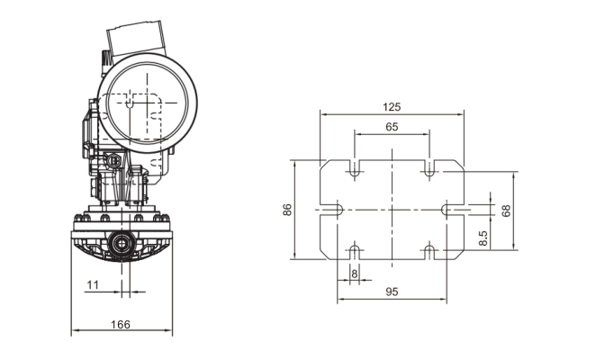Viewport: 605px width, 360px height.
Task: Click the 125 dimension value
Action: coord(392,106)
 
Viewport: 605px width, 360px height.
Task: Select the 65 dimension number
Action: coord(392,127)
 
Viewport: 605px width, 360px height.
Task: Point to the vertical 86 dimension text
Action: coord(287,210)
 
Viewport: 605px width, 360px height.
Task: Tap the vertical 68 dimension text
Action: coord(505,211)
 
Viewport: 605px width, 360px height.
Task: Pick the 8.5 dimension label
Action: coord(483,238)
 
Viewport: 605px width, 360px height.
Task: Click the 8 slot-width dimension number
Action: coord(354,273)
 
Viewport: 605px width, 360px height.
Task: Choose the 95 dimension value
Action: coord(392,292)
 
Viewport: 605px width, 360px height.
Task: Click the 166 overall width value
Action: coord(121,324)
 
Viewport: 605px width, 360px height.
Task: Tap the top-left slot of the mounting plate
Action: coord(356,168)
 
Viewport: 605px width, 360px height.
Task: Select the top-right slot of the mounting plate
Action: coord(429,168)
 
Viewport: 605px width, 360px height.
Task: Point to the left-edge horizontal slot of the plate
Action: coord(331,210)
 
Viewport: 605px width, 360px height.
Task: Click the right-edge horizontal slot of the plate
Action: coord(453,210)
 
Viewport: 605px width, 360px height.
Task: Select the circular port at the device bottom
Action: coord(120,243)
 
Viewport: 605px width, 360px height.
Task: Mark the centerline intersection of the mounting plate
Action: coord(393,210)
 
